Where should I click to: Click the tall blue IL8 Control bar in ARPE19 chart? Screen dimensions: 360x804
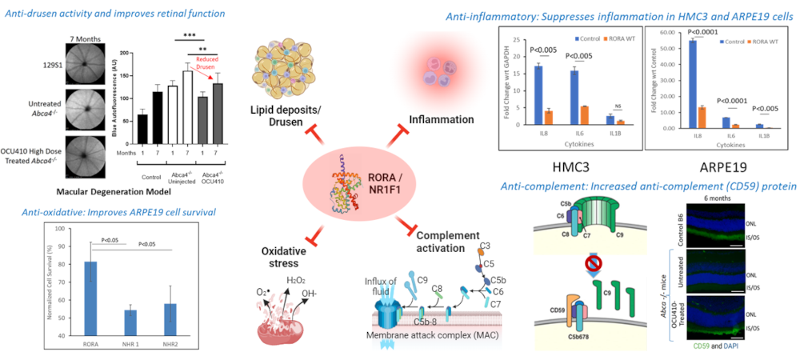tap(680, 83)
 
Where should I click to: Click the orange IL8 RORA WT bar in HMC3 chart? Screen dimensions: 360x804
tap(550, 116)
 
